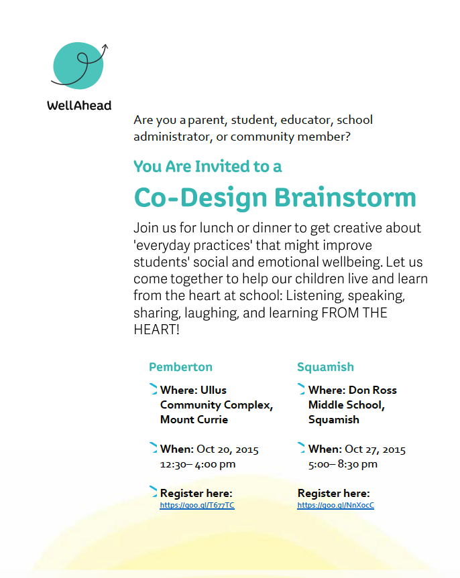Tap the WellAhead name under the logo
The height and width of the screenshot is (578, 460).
[x=79, y=105]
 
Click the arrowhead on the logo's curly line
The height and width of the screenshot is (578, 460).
[x=105, y=47]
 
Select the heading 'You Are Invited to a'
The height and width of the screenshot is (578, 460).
[x=207, y=166]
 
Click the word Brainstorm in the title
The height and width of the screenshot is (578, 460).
[x=345, y=198]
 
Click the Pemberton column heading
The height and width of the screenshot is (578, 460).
[x=180, y=367]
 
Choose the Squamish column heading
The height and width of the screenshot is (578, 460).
[x=325, y=367]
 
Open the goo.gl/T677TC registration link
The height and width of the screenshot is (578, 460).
[x=197, y=505]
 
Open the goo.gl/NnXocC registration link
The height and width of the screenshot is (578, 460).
[x=335, y=505]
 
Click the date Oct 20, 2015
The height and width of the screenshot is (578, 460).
[x=227, y=449]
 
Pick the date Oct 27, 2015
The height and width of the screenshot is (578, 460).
[x=375, y=449]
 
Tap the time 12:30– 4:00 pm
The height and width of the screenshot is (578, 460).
[x=198, y=463]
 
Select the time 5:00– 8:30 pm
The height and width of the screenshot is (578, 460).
[x=343, y=463]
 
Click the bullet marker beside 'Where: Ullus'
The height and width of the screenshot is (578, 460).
[x=154, y=389]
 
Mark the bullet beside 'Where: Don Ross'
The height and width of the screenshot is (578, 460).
[x=302, y=389]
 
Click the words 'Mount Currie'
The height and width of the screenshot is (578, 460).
[x=194, y=420]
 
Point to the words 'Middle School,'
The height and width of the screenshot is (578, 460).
[x=346, y=405]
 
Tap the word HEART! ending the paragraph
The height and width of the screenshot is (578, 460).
[x=157, y=330]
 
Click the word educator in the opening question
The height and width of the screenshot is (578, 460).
[x=306, y=121]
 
